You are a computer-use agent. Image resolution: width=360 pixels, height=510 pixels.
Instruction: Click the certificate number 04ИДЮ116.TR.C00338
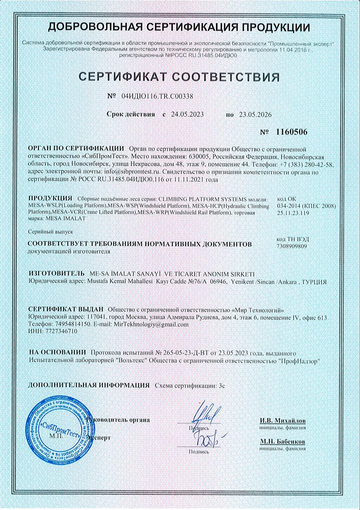click(158, 96)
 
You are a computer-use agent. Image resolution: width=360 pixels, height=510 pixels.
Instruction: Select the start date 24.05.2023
click(187, 114)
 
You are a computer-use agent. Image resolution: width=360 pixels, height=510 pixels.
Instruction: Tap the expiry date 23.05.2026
click(253, 115)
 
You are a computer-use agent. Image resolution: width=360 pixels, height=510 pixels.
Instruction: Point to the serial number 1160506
click(292, 132)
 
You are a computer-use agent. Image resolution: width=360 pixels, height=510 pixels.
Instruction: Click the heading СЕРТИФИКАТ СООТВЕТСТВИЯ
click(179, 77)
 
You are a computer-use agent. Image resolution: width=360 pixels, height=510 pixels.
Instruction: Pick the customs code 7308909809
click(292, 247)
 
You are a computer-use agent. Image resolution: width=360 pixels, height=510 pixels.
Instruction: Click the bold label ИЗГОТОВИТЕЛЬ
click(57, 274)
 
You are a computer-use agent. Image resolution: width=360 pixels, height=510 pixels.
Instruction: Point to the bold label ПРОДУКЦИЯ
click(49, 199)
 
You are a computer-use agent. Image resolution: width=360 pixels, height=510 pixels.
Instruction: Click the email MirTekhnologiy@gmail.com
click(151, 324)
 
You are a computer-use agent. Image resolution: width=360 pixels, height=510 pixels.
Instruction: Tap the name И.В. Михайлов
click(283, 420)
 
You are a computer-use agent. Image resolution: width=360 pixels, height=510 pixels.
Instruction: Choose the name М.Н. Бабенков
click(283, 441)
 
